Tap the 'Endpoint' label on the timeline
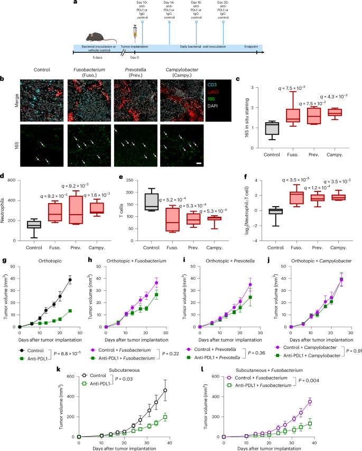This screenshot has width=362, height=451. point(248,47)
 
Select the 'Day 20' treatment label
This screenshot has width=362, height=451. point(224,11)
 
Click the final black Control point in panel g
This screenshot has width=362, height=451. point(70,280)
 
